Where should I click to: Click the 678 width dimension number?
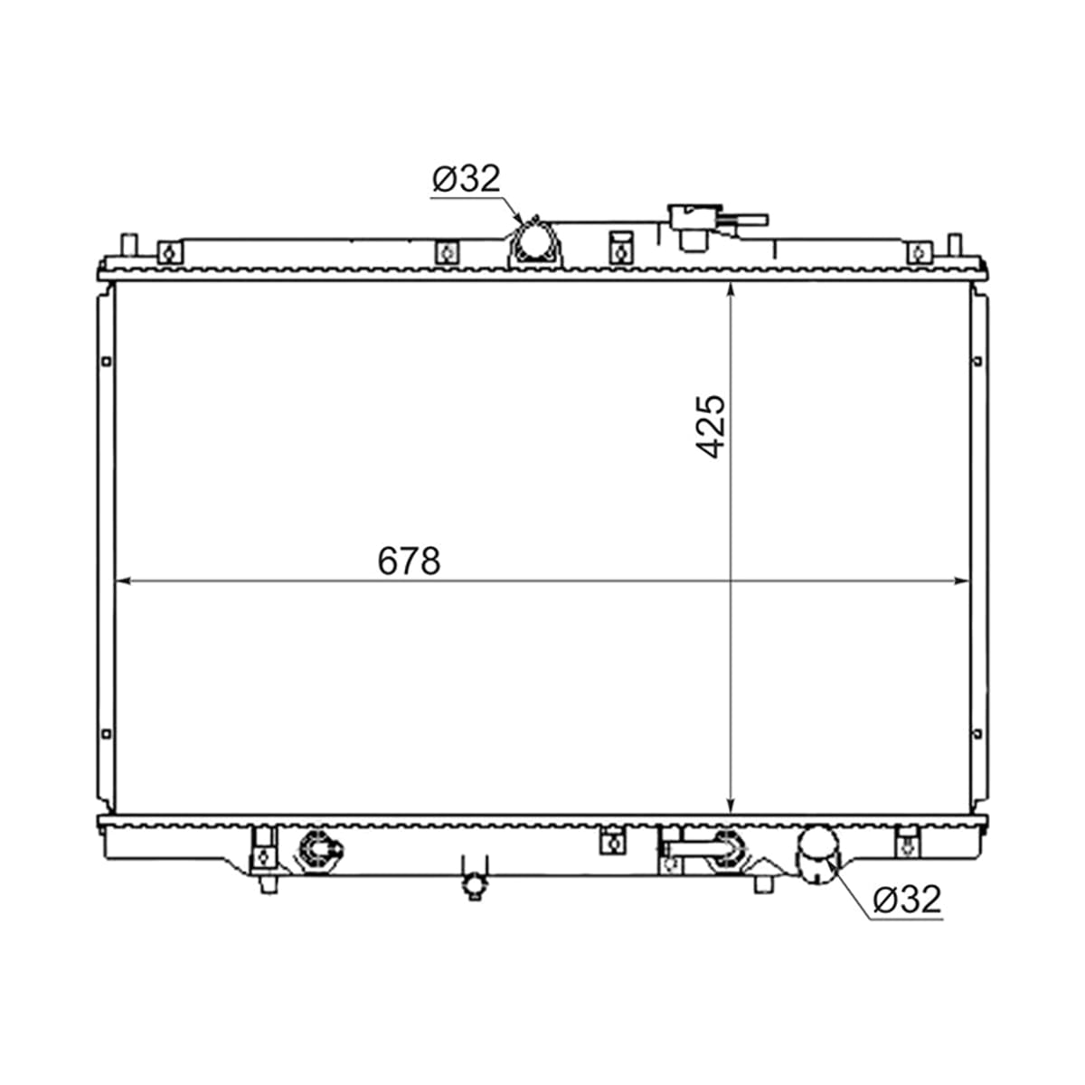coord(409,561)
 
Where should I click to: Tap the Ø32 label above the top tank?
coord(467,178)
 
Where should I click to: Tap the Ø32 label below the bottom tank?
coord(907,899)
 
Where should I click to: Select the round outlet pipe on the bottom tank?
coord(816,861)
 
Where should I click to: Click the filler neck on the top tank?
coord(695,228)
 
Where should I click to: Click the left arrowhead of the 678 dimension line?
coord(122,581)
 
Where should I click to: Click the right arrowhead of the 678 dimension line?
coord(962,581)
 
